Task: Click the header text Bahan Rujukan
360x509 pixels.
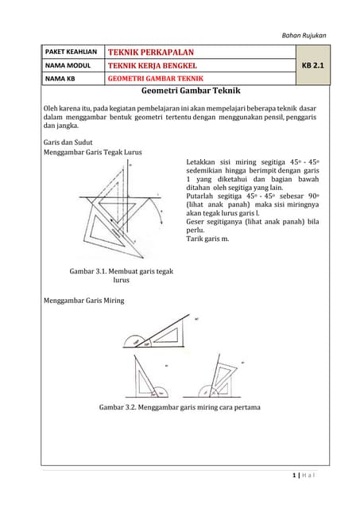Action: tap(305, 35)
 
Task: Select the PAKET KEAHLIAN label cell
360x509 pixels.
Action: tap(69, 52)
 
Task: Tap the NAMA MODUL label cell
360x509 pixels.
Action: tap(65, 65)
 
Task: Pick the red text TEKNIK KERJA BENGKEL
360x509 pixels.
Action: tap(153, 65)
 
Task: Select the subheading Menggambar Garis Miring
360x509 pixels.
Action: tap(83, 301)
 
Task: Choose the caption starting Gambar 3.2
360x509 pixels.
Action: tap(180, 407)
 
